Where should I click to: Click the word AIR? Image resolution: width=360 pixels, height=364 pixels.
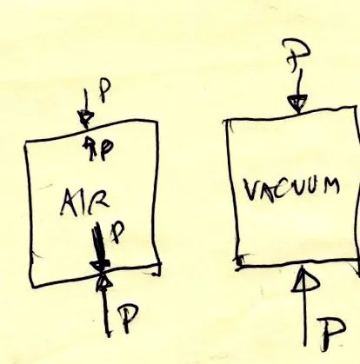(x=85, y=202)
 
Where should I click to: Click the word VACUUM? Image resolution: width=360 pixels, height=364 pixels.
(x=291, y=189)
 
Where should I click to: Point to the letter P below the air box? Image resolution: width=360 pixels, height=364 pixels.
(x=128, y=318)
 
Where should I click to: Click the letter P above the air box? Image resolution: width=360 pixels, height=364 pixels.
(x=105, y=90)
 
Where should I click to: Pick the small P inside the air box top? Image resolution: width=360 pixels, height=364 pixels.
(x=106, y=149)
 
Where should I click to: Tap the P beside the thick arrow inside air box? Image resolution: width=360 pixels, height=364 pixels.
(x=117, y=232)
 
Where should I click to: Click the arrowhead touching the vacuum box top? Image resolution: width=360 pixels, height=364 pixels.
(x=297, y=103)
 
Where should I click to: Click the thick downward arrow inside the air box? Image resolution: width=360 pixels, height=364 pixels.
(x=98, y=247)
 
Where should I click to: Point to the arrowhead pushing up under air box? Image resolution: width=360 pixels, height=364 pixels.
(x=103, y=281)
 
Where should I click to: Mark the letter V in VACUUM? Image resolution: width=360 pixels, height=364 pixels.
(x=250, y=190)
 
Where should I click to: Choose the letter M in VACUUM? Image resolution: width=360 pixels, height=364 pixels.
(x=331, y=186)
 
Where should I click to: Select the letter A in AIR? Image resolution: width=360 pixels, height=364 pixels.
(x=69, y=203)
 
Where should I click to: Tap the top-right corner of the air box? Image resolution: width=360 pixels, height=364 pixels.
(x=157, y=122)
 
